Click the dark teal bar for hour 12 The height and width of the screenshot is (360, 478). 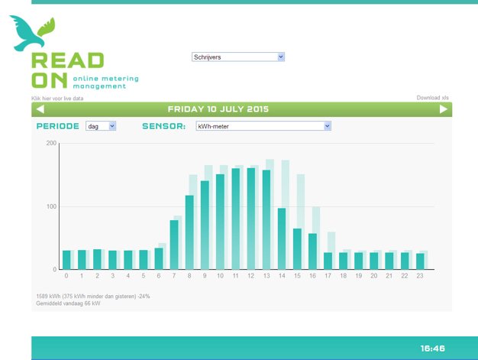(251, 219)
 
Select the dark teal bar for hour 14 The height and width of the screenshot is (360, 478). (282, 238)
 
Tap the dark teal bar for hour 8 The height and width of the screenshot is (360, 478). (189, 232)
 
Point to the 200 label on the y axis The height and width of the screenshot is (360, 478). (51, 143)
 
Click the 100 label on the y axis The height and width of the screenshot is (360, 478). (51, 206)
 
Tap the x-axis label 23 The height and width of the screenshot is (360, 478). (420, 276)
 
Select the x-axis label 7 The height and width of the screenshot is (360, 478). (174, 276)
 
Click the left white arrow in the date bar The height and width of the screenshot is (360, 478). (40, 109)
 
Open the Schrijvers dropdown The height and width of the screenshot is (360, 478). (238, 57)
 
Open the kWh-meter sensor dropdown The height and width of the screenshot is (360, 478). (263, 126)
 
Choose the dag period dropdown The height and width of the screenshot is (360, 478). (101, 126)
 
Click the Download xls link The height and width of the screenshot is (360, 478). (433, 98)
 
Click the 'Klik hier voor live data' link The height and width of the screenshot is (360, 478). (57, 99)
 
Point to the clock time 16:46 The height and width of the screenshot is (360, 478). (433, 349)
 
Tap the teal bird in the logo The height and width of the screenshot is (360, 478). (27, 34)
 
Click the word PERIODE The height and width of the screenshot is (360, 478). (57, 126)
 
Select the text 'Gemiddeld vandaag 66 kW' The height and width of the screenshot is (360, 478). (68, 303)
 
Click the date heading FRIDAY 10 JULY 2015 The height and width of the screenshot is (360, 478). (218, 109)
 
